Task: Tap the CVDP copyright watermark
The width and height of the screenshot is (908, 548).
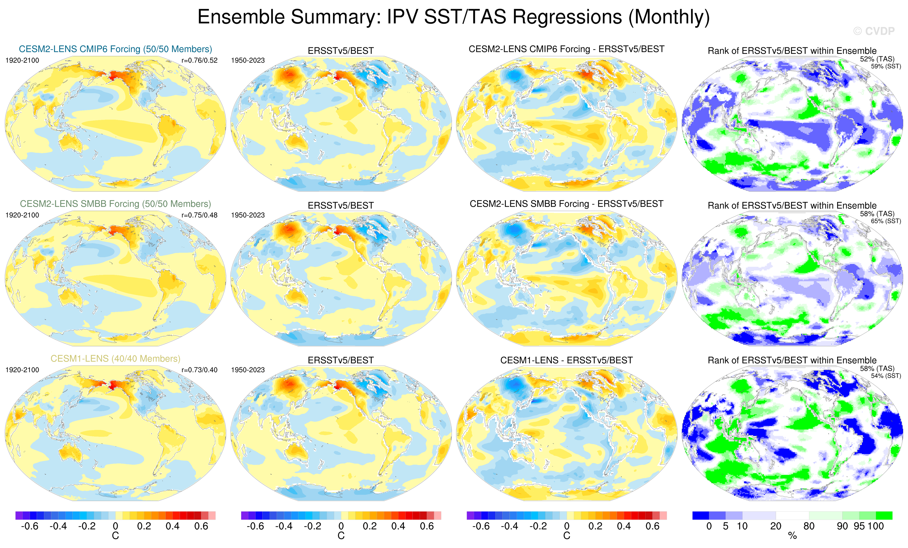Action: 873,31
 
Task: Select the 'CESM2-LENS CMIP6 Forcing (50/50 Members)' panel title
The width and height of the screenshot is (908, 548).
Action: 115,49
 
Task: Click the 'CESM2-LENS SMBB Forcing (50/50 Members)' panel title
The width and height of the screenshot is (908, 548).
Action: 115,204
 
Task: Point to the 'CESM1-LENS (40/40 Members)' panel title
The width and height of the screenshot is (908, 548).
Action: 115,359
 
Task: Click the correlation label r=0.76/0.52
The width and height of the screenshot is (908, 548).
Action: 199,60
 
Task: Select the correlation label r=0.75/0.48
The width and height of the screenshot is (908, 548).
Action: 199,215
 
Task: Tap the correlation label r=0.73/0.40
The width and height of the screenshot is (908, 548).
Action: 199,370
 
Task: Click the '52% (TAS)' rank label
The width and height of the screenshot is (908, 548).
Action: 877,59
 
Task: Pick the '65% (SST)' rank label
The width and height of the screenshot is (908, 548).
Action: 886,221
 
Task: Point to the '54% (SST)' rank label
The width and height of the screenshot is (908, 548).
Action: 886,376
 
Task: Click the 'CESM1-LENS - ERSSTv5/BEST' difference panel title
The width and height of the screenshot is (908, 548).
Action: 566,360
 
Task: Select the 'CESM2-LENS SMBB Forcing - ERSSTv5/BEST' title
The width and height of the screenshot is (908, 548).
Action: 566,204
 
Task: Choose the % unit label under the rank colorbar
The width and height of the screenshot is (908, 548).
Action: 792,536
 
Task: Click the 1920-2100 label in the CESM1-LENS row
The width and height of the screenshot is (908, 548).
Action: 22,370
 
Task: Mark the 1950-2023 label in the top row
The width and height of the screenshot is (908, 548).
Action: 248,60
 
